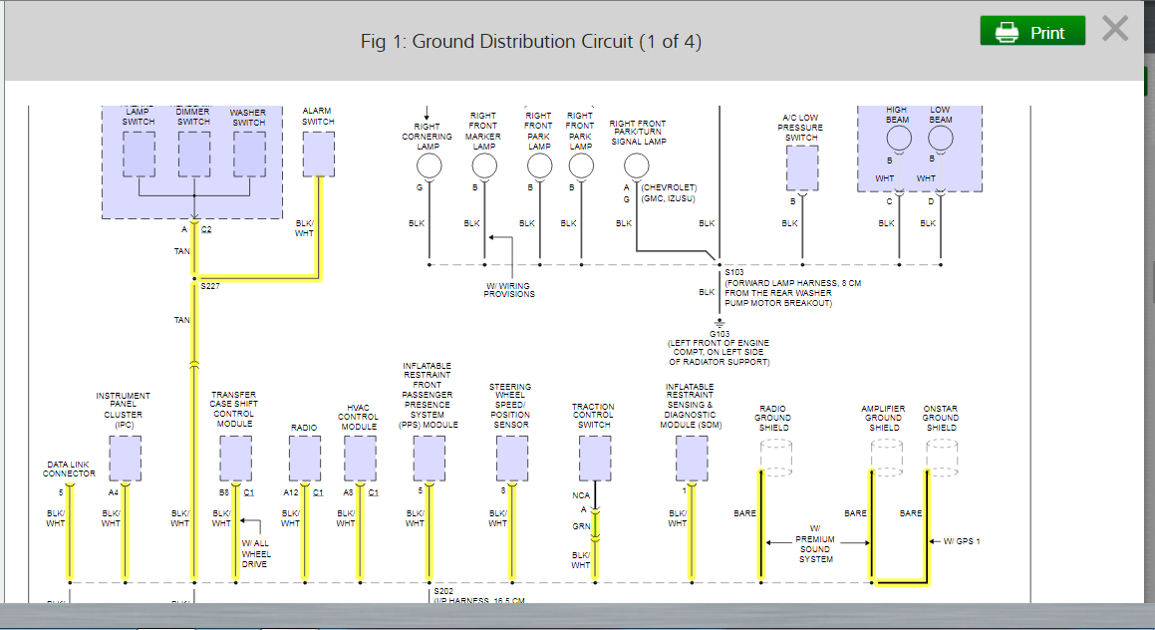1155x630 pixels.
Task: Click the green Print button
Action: tap(1031, 32)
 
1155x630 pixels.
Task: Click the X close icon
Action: tap(1115, 30)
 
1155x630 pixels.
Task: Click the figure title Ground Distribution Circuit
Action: tap(531, 42)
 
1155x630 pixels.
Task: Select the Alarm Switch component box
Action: tap(318, 155)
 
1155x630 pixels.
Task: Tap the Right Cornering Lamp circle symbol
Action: tap(428, 165)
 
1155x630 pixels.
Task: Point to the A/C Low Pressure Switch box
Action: tap(801, 167)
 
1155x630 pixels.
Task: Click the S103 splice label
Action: tap(734, 272)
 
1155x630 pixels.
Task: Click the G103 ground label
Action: tap(720, 333)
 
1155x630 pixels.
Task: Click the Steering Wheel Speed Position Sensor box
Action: tap(510, 459)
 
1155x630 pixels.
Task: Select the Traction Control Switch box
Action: tap(594, 459)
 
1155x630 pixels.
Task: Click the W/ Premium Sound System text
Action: tap(815, 544)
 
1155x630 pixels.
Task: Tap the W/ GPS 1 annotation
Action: tap(962, 541)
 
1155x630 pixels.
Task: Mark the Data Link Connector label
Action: tap(69, 469)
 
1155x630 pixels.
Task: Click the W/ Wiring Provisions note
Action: tap(509, 289)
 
